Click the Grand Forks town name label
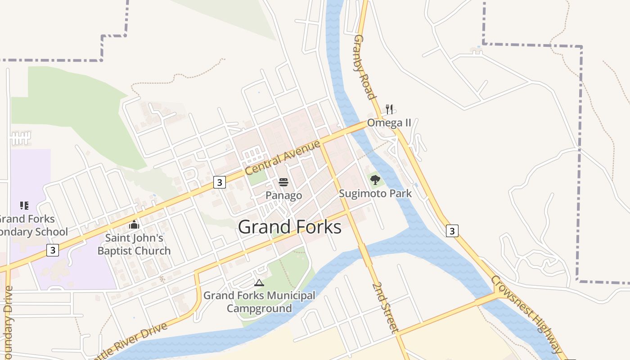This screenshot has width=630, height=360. [x=289, y=227]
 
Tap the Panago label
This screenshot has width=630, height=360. [x=283, y=195]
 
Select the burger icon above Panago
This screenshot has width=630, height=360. [x=283, y=182]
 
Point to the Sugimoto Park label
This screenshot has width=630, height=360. [x=375, y=193]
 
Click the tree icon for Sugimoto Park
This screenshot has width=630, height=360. [x=375, y=180]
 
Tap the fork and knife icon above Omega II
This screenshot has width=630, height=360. [x=389, y=109]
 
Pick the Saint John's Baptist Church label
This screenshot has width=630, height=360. [x=134, y=244]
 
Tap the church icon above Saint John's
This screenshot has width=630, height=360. [x=134, y=224]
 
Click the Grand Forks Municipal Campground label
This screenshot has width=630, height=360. [x=259, y=301]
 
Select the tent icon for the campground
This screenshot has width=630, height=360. [x=259, y=283]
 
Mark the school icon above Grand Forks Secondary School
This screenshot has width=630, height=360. [x=24, y=206]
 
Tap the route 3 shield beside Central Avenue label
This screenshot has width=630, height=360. [x=219, y=182]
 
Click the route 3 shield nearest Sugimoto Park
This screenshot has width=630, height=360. [x=452, y=231]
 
